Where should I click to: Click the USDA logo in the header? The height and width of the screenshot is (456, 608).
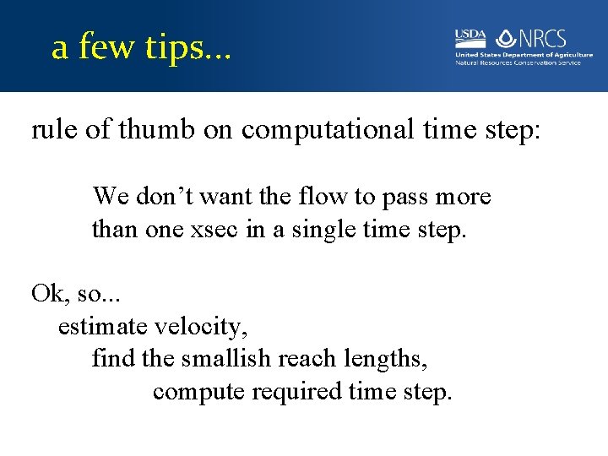tap(470, 36)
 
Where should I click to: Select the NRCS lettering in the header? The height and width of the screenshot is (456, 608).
tap(543, 39)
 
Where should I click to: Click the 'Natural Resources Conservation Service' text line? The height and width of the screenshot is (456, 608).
tap(518, 62)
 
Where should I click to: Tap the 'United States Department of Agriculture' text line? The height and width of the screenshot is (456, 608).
tap(524, 55)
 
